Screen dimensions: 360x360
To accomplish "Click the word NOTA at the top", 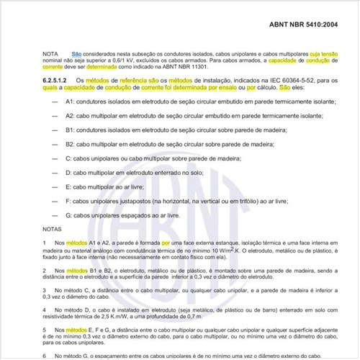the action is coord(52,55).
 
